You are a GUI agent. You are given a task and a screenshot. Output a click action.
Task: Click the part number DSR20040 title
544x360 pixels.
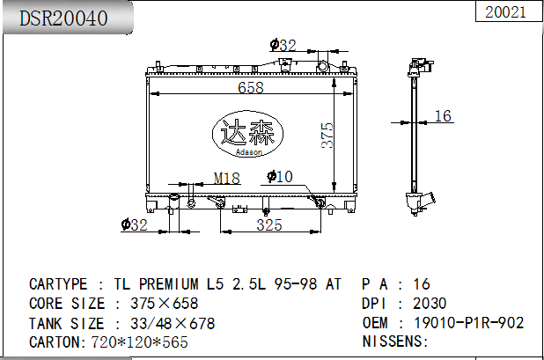point(63,18)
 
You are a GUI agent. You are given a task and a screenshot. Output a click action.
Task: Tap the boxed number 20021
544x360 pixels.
point(505,12)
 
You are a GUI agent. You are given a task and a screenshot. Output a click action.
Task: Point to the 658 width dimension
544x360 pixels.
point(251,87)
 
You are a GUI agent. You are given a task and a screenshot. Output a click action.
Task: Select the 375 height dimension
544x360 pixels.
point(327,136)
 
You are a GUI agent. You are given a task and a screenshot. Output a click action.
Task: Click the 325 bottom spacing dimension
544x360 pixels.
point(269,224)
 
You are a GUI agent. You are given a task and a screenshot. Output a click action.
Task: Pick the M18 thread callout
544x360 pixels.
point(227,179)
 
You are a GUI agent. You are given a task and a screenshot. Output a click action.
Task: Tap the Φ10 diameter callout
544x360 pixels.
point(280,177)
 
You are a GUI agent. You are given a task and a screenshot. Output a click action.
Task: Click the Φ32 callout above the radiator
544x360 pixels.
point(283,45)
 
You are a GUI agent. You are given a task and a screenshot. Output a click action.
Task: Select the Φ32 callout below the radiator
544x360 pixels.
point(135,224)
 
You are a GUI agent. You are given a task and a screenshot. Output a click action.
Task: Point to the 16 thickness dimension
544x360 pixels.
point(443,116)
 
